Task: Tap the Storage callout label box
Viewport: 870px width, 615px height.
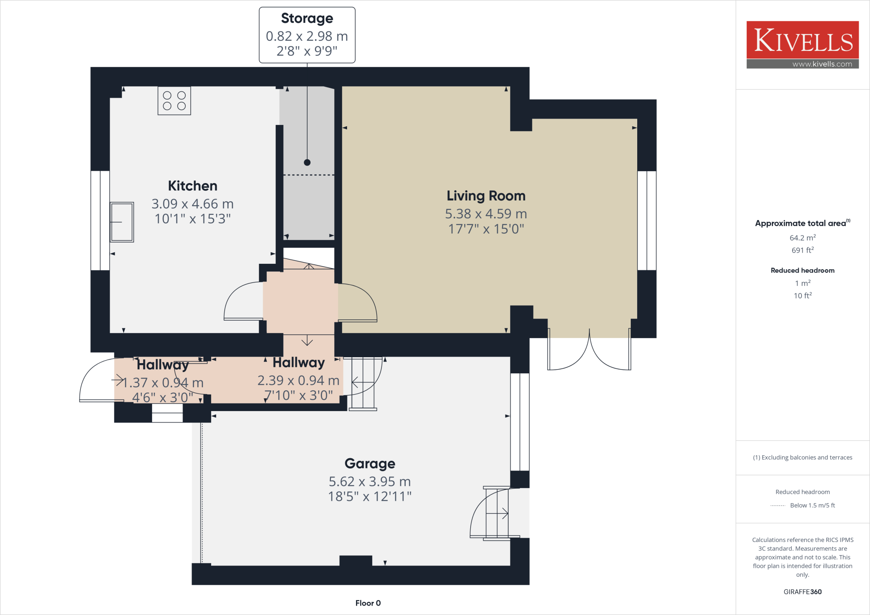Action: click(x=307, y=35)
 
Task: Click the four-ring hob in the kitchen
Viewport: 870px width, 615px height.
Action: click(x=174, y=101)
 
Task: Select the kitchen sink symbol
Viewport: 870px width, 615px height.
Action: click(x=122, y=222)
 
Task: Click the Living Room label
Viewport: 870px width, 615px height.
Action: click(x=486, y=196)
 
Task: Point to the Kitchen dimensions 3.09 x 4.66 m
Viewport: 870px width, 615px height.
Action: click(x=192, y=204)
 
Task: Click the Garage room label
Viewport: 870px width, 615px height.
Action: click(x=370, y=463)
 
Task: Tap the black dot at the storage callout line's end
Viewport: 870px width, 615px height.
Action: click(x=307, y=162)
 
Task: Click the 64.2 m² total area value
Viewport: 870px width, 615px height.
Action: click(x=802, y=238)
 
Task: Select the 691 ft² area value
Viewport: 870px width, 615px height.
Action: click(x=802, y=250)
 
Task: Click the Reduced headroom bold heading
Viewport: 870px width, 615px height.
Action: click(x=802, y=271)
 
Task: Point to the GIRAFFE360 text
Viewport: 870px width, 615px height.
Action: click(x=802, y=592)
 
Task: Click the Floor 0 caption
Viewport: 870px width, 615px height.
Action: click(x=368, y=603)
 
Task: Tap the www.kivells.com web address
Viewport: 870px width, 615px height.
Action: click(x=822, y=64)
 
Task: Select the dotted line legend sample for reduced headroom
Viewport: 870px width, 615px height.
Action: click(x=777, y=505)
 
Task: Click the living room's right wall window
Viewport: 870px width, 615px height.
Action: click(x=647, y=220)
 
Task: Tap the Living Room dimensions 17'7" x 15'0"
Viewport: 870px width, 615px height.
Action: click(x=486, y=229)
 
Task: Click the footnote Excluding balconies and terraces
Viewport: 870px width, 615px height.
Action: click(x=802, y=457)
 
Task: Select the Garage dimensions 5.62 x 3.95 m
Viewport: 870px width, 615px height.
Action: click(x=370, y=481)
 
